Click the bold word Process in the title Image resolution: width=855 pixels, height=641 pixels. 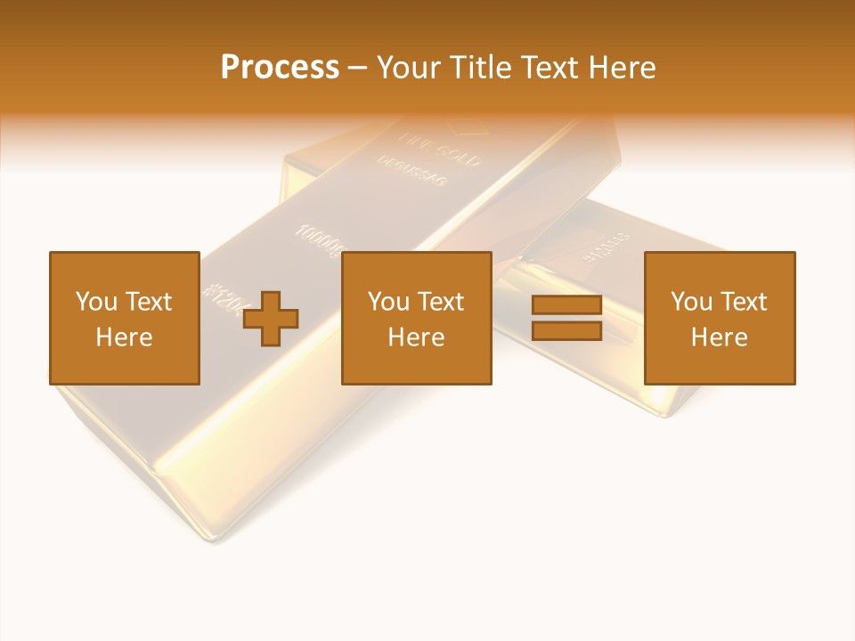click(280, 68)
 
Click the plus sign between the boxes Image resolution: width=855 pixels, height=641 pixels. click(271, 319)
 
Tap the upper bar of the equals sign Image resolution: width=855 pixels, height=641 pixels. click(566, 305)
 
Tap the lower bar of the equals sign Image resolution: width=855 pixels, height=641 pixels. click(566, 331)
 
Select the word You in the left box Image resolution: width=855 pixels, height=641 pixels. click(96, 302)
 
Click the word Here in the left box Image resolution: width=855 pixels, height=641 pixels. click(124, 337)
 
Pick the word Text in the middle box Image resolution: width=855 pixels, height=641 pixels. click(441, 302)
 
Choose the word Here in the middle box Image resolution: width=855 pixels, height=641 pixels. click(416, 337)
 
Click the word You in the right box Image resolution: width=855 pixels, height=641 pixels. click(691, 302)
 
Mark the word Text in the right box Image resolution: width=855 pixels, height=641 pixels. click(744, 302)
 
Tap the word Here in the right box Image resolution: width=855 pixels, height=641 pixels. click(719, 337)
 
